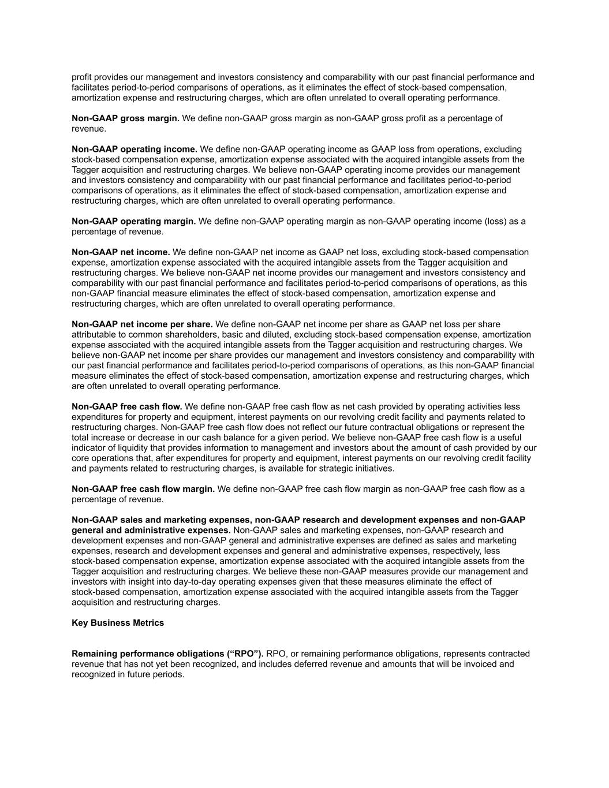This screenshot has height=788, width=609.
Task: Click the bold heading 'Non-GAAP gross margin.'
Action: [x=125, y=118]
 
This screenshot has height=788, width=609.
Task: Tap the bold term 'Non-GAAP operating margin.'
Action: [x=133, y=221]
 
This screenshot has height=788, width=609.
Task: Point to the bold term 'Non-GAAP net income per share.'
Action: [x=142, y=324]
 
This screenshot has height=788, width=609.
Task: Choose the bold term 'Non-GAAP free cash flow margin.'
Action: [x=143, y=489]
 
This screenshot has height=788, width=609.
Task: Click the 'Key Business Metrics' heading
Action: [x=118, y=623]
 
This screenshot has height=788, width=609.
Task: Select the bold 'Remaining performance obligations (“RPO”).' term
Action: [x=167, y=653]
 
